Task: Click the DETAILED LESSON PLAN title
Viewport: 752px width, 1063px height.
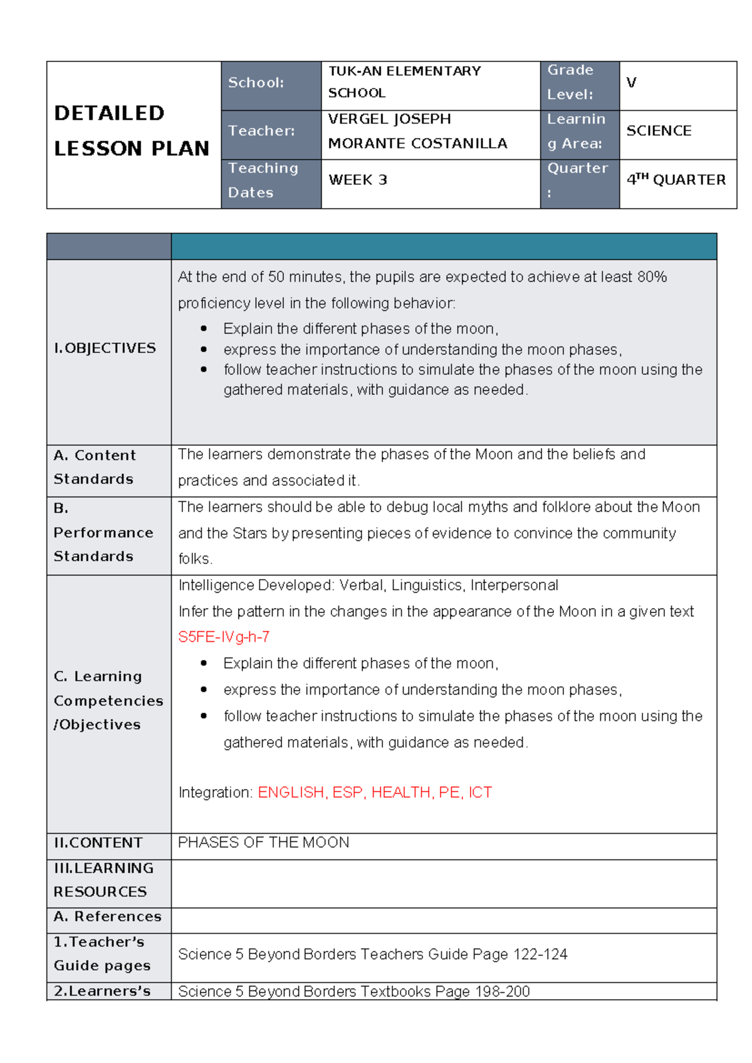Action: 132,130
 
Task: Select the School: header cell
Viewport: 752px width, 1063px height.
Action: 256,83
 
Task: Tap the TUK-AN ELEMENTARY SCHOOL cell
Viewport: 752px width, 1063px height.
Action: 405,82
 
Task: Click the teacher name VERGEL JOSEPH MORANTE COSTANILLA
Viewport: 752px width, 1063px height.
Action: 417,131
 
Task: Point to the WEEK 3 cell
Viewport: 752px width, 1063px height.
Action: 358,180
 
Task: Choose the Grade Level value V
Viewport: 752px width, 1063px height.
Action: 631,83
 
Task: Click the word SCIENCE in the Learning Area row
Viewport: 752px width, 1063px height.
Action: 659,131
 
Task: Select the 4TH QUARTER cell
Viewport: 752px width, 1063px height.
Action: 676,180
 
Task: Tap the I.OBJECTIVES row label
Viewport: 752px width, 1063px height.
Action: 105,348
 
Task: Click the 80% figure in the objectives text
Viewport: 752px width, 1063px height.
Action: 652,277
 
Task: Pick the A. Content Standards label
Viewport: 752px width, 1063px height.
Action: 94,467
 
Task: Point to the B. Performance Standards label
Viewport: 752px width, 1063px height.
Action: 103,532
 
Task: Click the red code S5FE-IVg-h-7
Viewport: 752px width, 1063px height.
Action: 224,637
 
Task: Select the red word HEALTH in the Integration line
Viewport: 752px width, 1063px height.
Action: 401,792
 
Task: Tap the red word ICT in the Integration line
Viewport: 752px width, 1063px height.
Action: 480,792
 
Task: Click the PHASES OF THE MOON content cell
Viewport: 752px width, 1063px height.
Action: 264,842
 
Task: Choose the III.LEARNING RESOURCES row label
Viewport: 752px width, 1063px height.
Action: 103,880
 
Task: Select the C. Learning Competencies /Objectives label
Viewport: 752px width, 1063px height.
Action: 108,700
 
